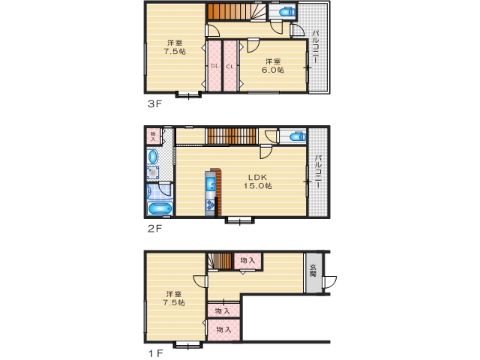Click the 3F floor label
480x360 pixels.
pos(154,103)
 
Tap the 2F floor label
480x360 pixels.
pos(154,228)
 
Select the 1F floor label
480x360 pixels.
pos(155,353)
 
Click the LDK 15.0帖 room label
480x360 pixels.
pos(257,181)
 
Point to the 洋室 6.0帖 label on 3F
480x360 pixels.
pos(273,65)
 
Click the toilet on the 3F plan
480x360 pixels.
pos(287,12)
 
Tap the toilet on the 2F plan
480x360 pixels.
pos(298,136)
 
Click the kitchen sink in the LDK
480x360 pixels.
pos(211,184)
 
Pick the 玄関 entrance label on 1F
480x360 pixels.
pos(313,270)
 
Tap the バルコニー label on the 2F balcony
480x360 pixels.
pos(318,171)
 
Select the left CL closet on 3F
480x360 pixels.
pos(214,66)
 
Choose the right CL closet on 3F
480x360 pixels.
pos(230,66)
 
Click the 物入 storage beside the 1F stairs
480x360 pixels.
pos(247,261)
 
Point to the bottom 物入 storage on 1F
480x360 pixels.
pos(223,330)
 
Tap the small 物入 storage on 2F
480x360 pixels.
pos(153,136)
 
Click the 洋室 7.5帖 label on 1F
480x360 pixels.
pos(175,298)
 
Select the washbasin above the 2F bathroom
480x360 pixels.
pos(153,157)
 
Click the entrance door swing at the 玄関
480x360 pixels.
pos(329,282)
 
